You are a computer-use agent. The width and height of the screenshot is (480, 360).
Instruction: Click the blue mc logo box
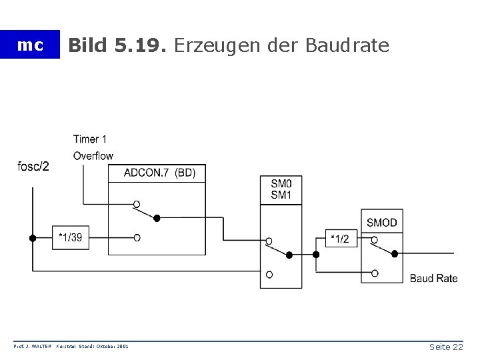point(30,45)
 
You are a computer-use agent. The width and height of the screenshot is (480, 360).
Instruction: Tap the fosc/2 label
point(33,166)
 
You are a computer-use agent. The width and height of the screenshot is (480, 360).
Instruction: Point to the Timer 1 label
point(90,139)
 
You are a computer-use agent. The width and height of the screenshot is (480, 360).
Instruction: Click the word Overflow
point(93,156)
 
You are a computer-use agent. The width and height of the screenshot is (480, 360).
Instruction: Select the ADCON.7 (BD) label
point(159,173)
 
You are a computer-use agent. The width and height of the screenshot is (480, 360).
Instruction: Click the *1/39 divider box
point(71,237)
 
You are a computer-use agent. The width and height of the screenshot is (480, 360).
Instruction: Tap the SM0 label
point(281,184)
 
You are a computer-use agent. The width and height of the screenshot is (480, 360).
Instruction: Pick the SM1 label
point(281,195)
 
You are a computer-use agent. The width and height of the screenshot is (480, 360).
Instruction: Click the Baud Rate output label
point(433,278)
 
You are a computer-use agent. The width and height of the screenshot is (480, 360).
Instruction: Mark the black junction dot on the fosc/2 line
point(32,238)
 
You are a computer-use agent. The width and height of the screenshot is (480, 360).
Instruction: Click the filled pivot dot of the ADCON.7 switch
point(157,217)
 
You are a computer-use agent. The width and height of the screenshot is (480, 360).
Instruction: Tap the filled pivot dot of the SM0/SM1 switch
point(290,254)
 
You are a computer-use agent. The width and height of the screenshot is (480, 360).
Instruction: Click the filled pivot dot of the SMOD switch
point(395,254)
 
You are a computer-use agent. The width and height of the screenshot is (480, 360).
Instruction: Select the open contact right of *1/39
point(137,237)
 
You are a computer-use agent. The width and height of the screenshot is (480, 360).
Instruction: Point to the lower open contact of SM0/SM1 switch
point(269,274)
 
